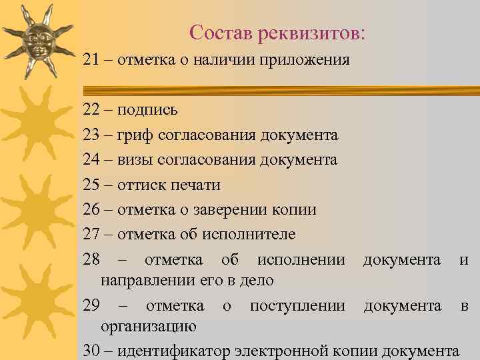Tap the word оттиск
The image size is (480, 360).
141,185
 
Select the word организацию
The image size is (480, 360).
148,327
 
